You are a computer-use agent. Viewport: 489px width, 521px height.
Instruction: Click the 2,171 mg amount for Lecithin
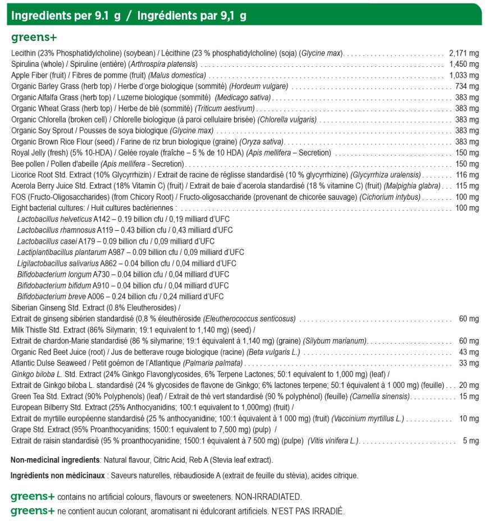tap(464, 53)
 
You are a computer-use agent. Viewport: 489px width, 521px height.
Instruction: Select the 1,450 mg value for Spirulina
tap(464, 64)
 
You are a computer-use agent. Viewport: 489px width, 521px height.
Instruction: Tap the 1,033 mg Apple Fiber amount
tap(464, 75)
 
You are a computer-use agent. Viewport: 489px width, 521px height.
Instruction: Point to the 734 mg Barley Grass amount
tap(467, 86)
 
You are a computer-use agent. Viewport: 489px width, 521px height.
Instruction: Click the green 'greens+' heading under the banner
tap(33, 38)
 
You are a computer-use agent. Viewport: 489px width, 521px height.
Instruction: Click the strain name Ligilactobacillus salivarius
tap(58, 263)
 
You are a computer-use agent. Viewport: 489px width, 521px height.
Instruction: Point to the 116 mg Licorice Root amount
tap(467, 175)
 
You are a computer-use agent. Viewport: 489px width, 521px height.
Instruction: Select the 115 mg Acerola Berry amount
tap(467, 186)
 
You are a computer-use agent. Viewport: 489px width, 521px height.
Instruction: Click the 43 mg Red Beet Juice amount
tap(469, 352)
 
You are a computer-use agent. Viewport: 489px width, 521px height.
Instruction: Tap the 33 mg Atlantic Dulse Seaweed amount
tap(469, 363)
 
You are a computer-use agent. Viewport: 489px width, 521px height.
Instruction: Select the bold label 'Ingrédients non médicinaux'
tap(58, 476)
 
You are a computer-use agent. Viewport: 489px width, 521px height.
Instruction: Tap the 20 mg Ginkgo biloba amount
tap(469, 385)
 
